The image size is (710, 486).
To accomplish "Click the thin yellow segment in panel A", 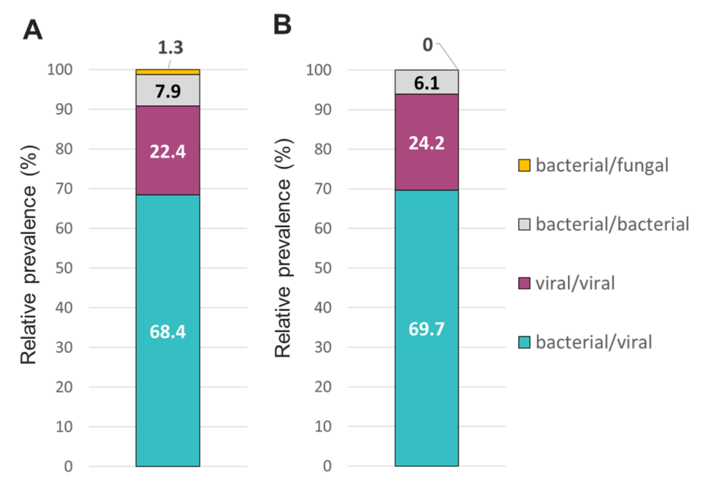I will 168,72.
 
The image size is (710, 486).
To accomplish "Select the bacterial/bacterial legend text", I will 612,224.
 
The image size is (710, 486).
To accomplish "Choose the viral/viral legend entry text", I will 575,284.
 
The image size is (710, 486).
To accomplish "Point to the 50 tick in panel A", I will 66,268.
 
